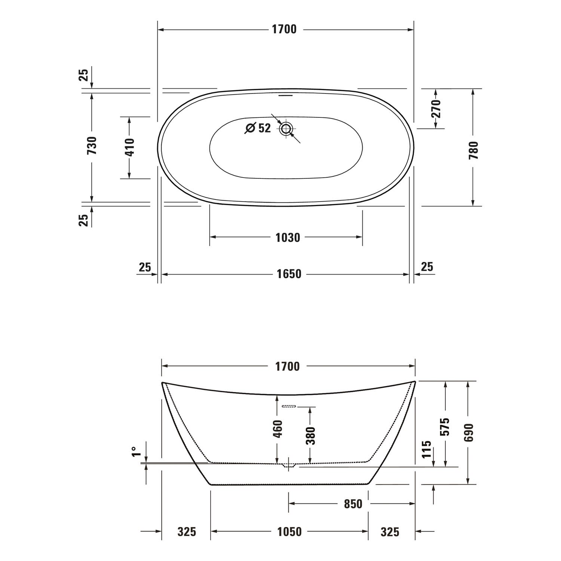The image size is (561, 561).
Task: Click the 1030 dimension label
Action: [288, 237]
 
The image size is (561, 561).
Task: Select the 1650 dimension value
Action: [289, 274]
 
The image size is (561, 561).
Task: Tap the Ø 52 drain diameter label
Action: [258, 128]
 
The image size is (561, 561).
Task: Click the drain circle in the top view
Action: [286, 129]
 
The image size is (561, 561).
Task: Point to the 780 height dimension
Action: [473, 150]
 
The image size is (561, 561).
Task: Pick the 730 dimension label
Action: [92, 146]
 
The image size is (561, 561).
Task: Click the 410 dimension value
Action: [129, 147]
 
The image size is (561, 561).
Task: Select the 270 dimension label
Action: [436, 109]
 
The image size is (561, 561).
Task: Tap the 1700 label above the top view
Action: [284, 29]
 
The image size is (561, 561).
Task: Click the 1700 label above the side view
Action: [288, 367]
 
